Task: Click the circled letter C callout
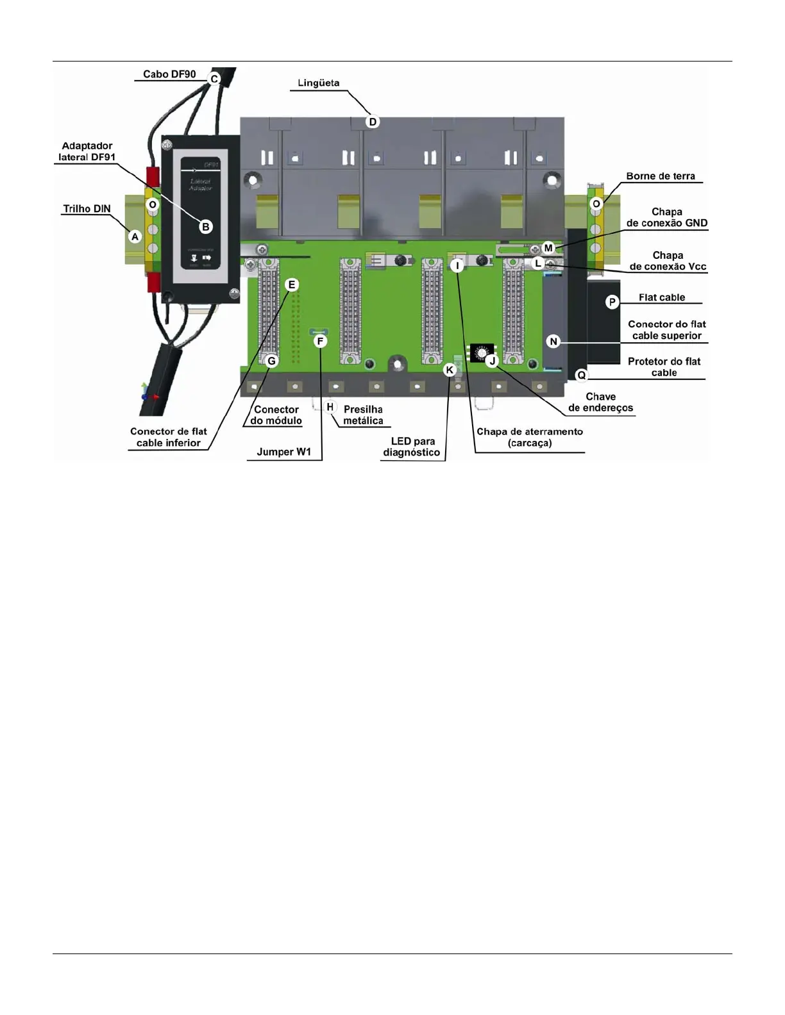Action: coord(214,79)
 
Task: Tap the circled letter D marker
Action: coord(373,122)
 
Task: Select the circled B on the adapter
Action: coord(206,226)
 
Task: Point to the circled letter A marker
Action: coord(135,236)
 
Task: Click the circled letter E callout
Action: coord(292,285)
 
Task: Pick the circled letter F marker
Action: coord(320,341)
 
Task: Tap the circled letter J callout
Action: coord(493,361)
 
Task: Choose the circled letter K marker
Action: coord(450,370)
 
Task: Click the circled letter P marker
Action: coord(612,302)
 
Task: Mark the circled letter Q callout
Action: coord(582,375)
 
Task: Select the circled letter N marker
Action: coord(553,342)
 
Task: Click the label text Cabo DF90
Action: coord(169,74)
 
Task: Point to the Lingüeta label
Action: coord(319,83)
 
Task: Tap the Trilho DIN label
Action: coord(87,209)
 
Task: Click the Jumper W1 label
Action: coord(283,452)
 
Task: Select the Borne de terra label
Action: coord(661,176)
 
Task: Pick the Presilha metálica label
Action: coord(363,415)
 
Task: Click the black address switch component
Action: coord(480,353)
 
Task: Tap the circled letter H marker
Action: coord(330,407)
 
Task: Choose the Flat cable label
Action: coord(662,297)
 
